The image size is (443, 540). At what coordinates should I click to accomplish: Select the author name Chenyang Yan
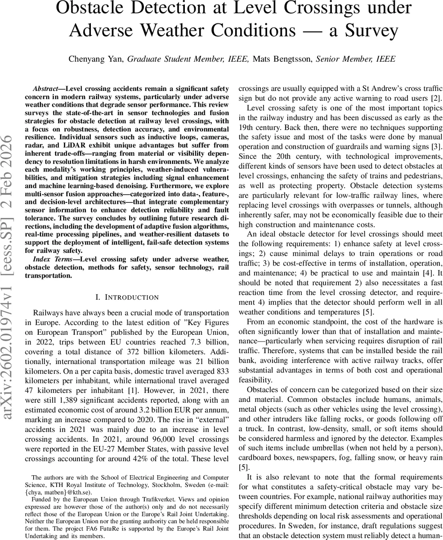pos(96,59)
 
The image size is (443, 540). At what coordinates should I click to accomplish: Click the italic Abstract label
pos(47,89)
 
